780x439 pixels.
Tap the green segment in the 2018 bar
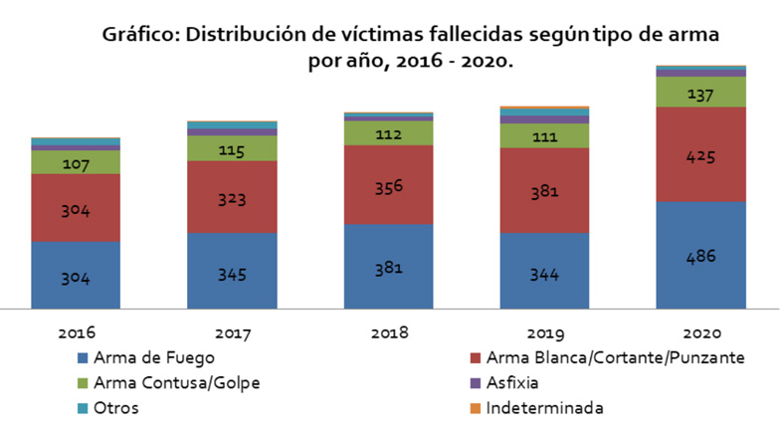tap(388, 132)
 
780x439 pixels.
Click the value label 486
tap(701, 256)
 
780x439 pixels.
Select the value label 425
tap(701, 156)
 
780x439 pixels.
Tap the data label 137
tap(701, 93)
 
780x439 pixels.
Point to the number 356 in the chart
tap(388, 185)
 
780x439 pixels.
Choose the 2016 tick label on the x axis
tap(76, 331)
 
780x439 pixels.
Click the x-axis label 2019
tap(544, 331)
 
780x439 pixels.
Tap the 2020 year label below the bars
tap(701, 331)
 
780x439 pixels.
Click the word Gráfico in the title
tap(139, 36)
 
